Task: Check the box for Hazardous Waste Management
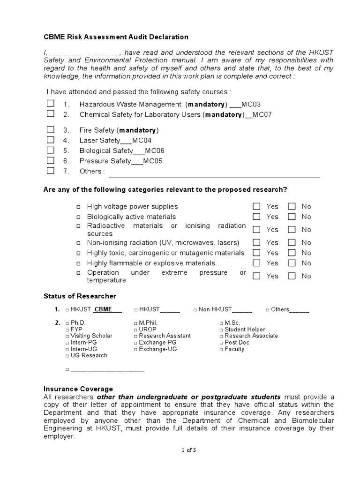click(x=51, y=104)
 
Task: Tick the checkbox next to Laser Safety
click(x=51, y=140)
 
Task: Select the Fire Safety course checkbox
click(x=51, y=130)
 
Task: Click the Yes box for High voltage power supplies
click(x=256, y=206)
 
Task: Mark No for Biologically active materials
click(x=292, y=217)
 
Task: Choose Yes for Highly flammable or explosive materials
click(x=256, y=263)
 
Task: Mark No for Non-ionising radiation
click(x=292, y=243)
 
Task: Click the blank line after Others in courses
click(x=214, y=174)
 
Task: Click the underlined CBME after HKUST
click(x=103, y=309)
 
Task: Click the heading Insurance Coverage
click(x=78, y=389)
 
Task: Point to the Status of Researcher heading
click(x=80, y=296)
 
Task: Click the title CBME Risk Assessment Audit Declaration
click(x=116, y=37)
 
